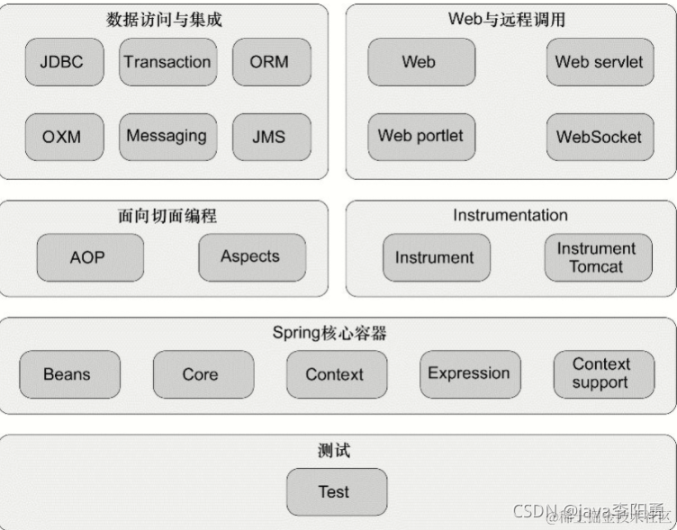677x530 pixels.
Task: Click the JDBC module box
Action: point(61,62)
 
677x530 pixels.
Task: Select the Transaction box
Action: point(167,62)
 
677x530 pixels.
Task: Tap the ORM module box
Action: point(268,62)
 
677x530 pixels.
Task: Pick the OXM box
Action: point(61,137)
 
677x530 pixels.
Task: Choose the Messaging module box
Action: point(167,137)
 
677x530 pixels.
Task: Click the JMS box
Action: point(268,137)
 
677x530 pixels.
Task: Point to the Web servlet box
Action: point(599,62)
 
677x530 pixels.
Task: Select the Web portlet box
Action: point(420,137)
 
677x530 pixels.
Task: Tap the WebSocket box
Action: point(599,137)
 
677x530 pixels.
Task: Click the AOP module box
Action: point(87,257)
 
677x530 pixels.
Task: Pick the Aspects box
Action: point(250,256)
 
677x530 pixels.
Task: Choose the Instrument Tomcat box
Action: point(597,257)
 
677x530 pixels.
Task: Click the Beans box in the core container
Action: point(68,374)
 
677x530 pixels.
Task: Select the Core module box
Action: point(200,374)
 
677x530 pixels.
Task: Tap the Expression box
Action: point(468,373)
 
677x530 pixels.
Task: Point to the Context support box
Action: point(600,373)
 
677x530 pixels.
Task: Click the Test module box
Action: point(334,492)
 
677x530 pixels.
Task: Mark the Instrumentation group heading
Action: point(510,215)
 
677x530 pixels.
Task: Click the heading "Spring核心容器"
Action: point(329,333)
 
